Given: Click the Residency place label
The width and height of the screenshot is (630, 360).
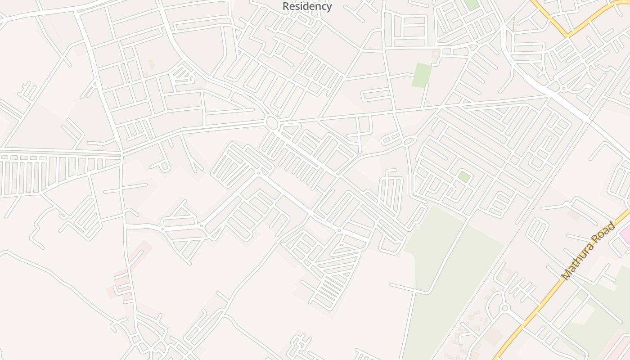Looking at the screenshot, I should (307, 6).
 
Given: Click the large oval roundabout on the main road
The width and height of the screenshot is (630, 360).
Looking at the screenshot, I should (271, 122).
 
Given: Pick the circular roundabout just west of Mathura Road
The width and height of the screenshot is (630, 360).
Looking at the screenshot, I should (504, 308).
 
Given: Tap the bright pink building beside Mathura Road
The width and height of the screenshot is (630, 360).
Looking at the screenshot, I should (625, 234).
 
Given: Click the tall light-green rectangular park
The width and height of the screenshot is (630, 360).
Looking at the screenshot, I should (422, 75).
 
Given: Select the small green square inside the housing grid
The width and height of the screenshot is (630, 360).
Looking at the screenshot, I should (464, 177).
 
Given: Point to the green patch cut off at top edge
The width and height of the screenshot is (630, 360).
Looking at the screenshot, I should (472, 4).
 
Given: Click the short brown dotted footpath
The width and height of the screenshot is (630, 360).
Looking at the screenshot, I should (514, 25).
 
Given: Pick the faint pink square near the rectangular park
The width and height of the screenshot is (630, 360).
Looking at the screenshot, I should (435, 54).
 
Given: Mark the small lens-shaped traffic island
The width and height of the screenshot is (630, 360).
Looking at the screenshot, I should (409, 141).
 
